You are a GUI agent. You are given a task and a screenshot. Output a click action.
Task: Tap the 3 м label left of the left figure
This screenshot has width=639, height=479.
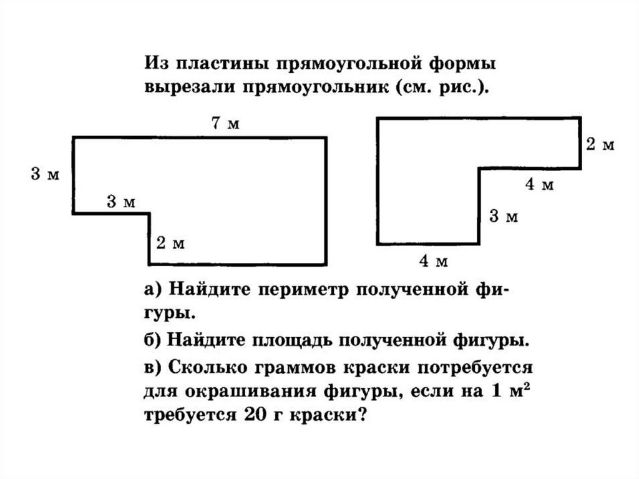click(x=46, y=175)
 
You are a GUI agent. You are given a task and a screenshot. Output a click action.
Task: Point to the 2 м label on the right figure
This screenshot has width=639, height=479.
click(x=600, y=145)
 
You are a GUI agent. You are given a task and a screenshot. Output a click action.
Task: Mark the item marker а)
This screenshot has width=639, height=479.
click(x=154, y=290)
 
